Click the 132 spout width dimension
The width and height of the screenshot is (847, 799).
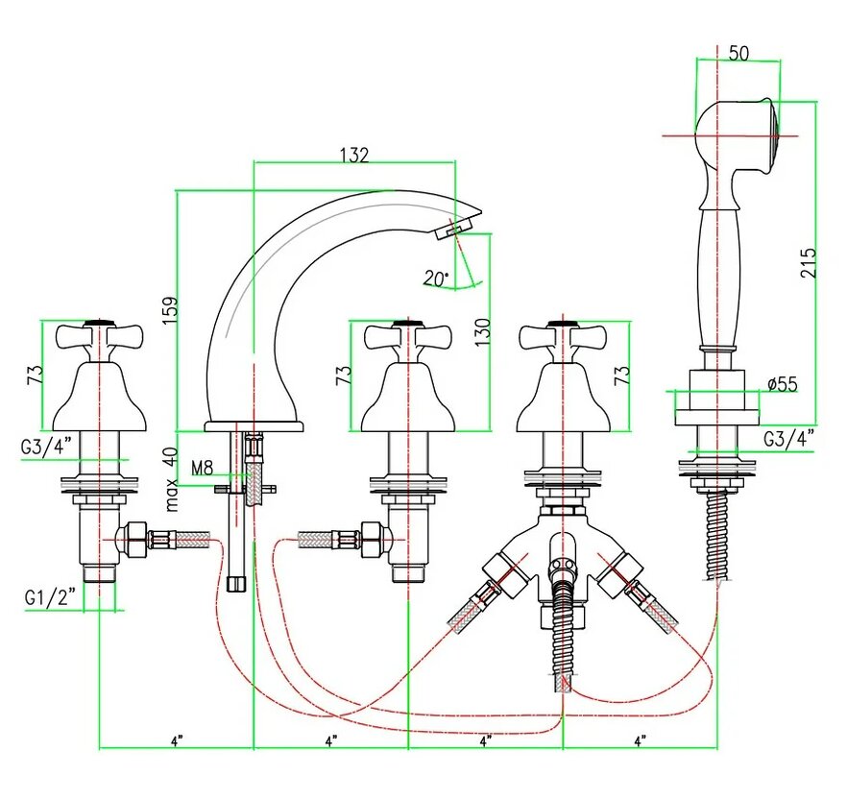pyautogui.click(x=354, y=155)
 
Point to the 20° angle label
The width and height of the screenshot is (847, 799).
pyautogui.click(x=435, y=278)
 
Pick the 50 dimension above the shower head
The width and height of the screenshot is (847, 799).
pyautogui.click(x=738, y=54)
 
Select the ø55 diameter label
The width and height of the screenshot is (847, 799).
pyautogui.click(x=783, y=384)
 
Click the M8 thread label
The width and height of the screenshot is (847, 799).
pyautogui.click(x=202, y=468)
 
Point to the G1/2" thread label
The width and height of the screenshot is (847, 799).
pyautogui.click(x=46, y=597)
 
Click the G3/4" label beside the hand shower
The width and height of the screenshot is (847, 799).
pyautogui.click(x=788, y=439)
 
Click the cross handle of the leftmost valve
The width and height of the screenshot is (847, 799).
pyautogui.click(x=99, y=337)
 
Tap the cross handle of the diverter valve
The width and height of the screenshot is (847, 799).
pyautogui.click(x=555, y=337)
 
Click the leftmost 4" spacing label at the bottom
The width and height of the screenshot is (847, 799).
pyautogui.click(x=176, y=740)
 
